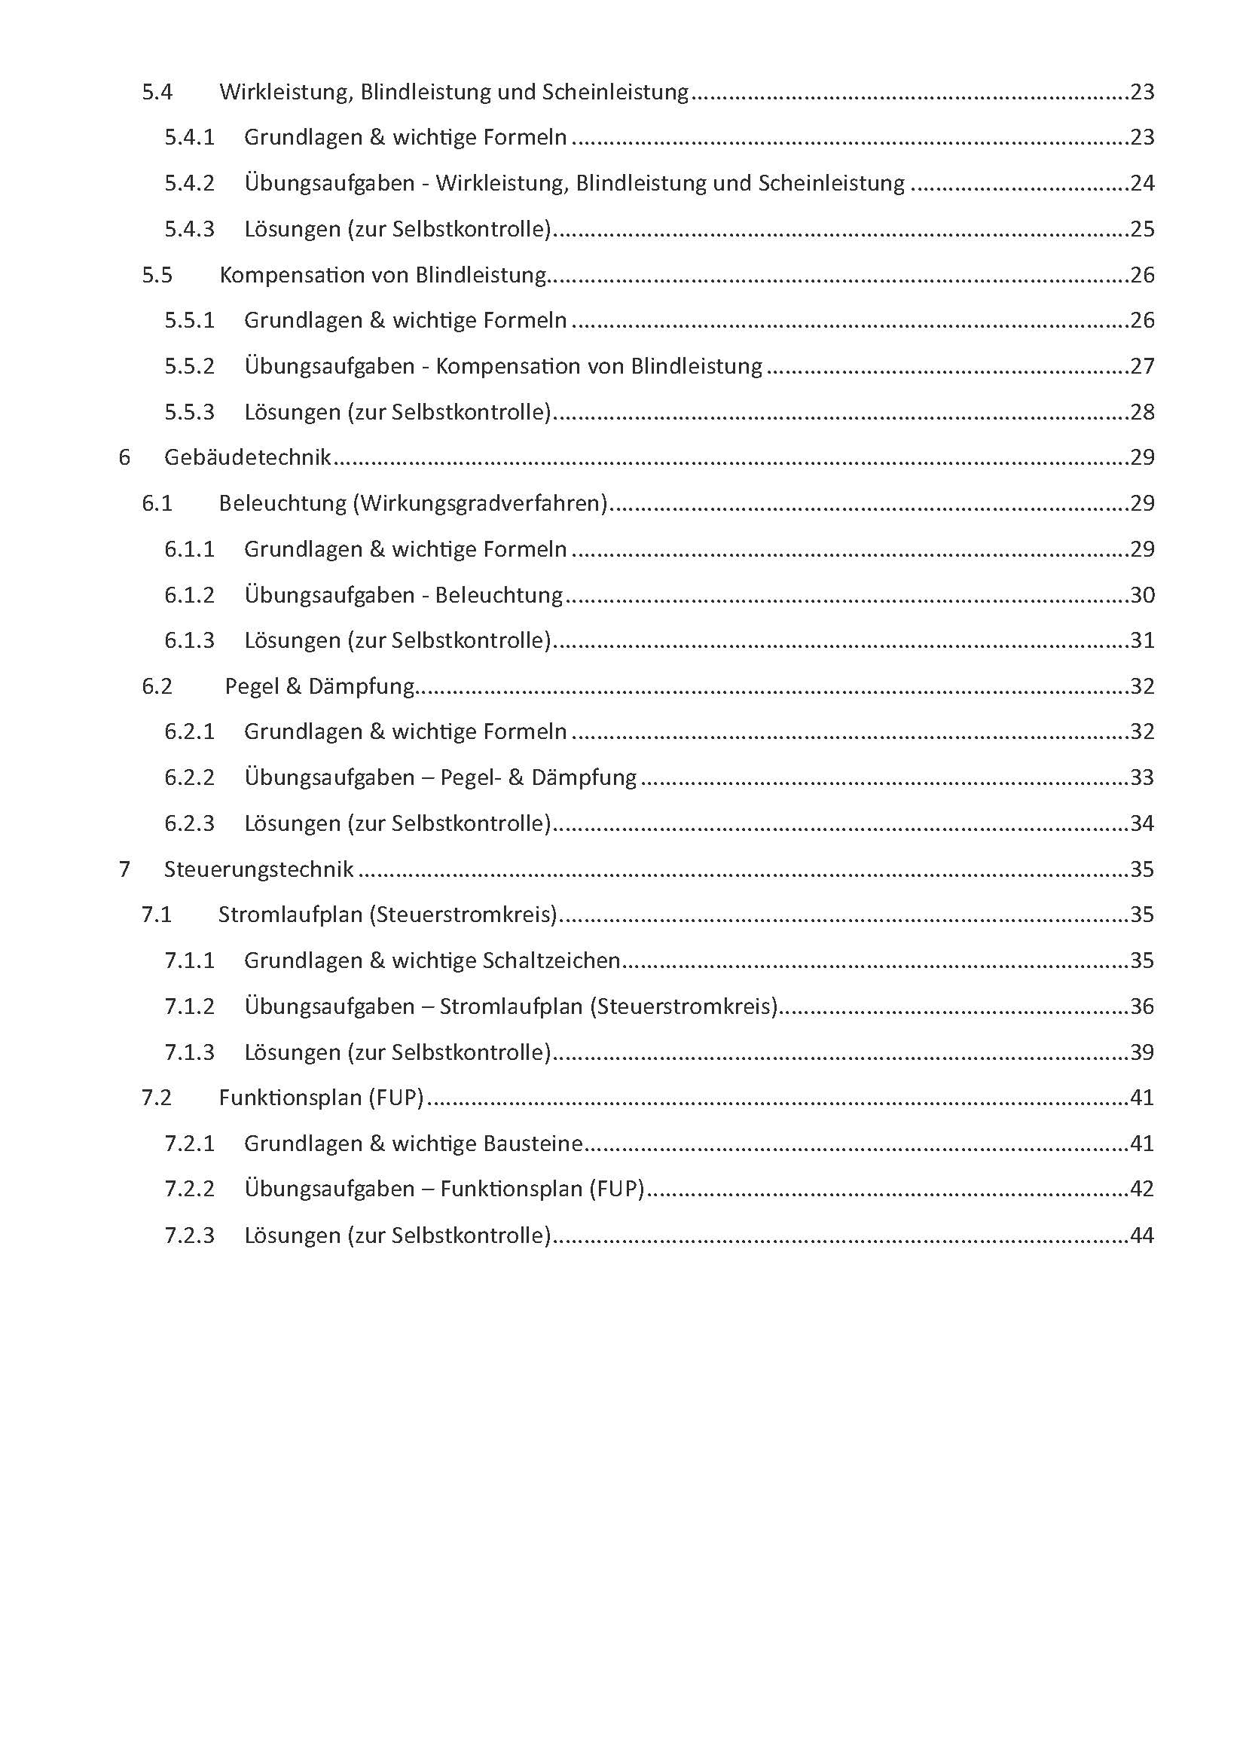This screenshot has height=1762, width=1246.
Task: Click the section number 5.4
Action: (157, 92)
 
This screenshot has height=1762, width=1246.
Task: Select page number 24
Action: (1141, 183)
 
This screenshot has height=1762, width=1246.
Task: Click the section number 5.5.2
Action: (190, 366)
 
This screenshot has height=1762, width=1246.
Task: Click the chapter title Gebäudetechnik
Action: (247, 457)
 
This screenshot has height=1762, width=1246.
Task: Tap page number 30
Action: (1141, 595)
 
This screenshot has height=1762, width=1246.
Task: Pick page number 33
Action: (1141, 777)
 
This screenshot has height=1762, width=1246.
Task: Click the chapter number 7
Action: (124, 869)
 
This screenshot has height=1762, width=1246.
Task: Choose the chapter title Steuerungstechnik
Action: (258, 869)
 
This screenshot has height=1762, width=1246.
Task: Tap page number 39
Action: (1141, 1052)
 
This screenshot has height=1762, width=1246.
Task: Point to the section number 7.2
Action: (157, 1098)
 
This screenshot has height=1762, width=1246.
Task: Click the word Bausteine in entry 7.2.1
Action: (533, 1144)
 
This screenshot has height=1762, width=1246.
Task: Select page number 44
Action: (1141, 1235)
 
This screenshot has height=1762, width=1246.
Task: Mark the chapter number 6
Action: (124, 457)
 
